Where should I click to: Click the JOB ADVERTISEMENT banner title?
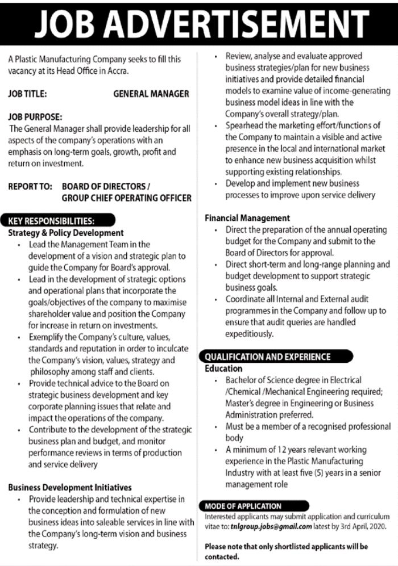click(198, 24)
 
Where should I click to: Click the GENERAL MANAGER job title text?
click(151, 94)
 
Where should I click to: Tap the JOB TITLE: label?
click(27, 94)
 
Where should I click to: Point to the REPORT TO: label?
click(30, 186)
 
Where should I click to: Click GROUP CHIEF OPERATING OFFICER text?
click(126, 198)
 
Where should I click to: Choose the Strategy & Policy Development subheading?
click(66, 233)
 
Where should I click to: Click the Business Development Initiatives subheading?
click(70, 487)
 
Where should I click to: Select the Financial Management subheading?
click(247, 218)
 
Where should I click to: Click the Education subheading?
click(223, 368)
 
